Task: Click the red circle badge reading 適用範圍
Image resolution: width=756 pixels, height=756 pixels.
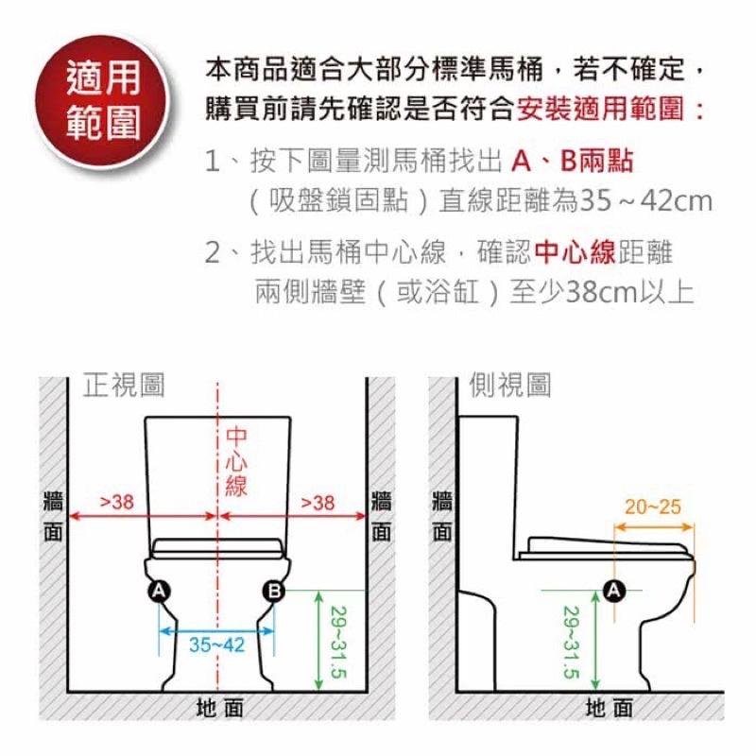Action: (103, 101)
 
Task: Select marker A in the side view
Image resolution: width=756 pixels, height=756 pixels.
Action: (614, 590)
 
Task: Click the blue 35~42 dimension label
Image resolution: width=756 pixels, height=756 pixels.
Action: (217, 644)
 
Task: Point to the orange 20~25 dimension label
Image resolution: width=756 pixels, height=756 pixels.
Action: (653, 507)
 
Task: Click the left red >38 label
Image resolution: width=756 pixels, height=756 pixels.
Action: (116, 502)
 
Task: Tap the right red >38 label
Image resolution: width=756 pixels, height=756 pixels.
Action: (318, 503)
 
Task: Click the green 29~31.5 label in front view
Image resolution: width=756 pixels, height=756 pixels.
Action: (338, 642)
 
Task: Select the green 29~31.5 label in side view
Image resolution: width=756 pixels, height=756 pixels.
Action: (572, 642)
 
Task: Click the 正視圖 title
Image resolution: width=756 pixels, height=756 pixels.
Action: (124, 386)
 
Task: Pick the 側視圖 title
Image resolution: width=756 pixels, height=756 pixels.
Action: (510, 386)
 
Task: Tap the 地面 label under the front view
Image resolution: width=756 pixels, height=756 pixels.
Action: (219, 708)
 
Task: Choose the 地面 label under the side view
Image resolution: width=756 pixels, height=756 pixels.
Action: (609, 708)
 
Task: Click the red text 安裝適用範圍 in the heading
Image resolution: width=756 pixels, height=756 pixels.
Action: (600, 109)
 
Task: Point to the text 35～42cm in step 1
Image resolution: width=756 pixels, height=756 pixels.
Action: (646, 200)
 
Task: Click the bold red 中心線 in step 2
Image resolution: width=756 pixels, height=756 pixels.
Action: (575, 251)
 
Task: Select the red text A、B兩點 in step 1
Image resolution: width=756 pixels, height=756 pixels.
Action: (572, 161)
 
